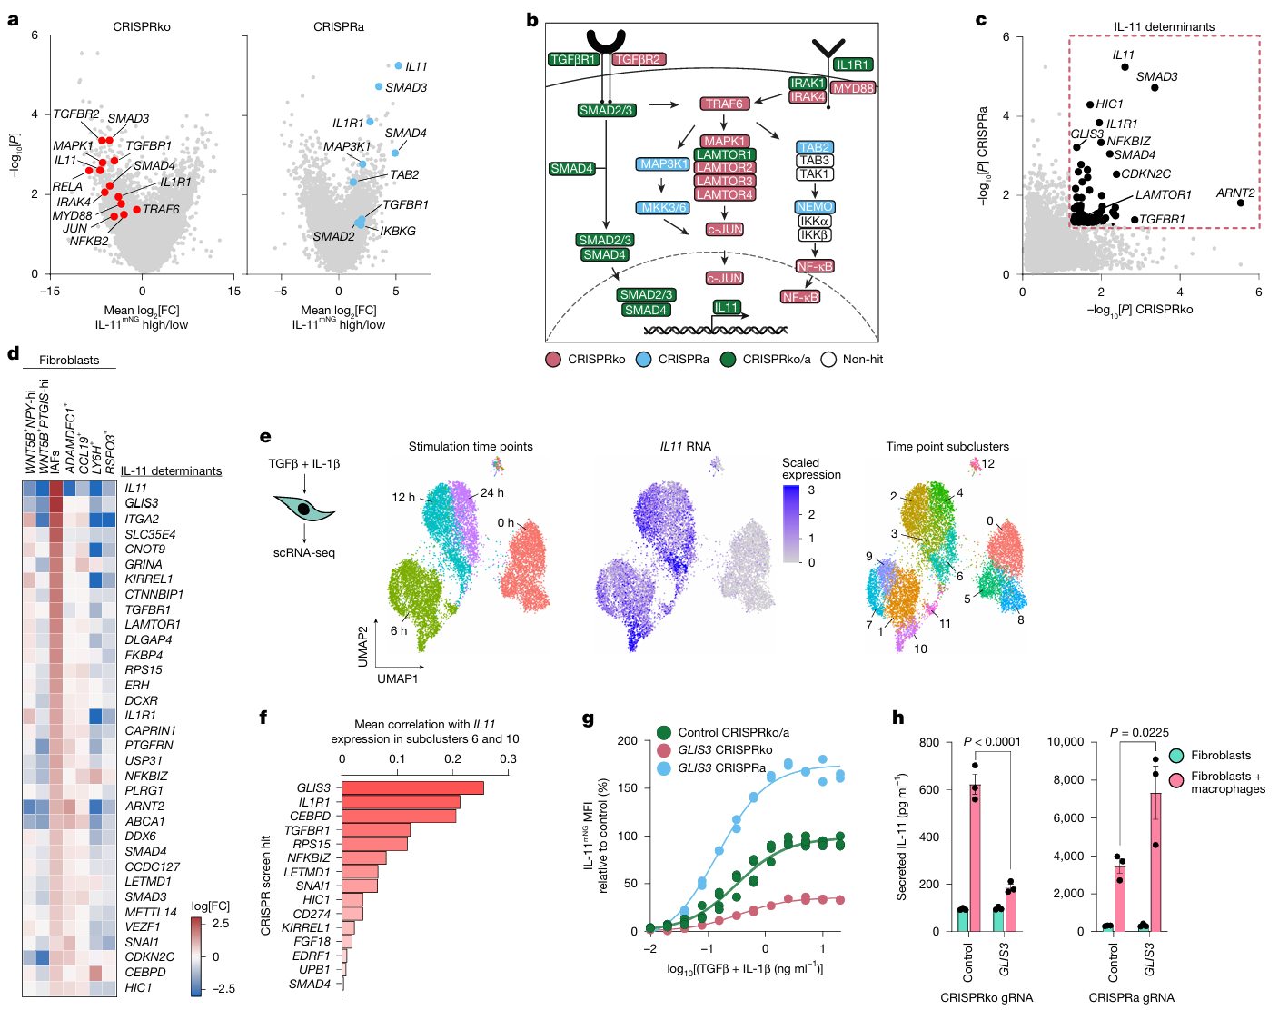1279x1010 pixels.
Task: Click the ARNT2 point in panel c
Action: click(1241, 203)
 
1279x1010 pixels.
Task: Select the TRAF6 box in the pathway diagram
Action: click(724, 104)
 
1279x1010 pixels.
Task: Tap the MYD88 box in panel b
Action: click(853, 88)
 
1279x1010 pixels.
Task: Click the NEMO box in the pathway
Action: click(815, 207)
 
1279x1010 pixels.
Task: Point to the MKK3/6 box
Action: click(664, 208)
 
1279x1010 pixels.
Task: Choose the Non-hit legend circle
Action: click(828, 360)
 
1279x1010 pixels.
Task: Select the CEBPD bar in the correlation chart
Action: click(399, 816)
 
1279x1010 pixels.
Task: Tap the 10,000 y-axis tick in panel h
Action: click(1066, 742)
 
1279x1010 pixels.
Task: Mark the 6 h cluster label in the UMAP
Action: click(399, 631)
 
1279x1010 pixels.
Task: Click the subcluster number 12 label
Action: click(988, 464)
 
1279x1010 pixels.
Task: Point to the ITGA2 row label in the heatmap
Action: click(142, 519)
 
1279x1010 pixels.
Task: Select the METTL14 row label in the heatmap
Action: click(151, 912)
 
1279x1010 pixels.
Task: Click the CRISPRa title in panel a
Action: click(339, 27)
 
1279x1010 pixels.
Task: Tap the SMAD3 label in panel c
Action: click(1156, 77)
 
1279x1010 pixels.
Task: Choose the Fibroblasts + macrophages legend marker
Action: click(1176, 781)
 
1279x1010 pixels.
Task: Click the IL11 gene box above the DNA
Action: click(727, 307)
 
